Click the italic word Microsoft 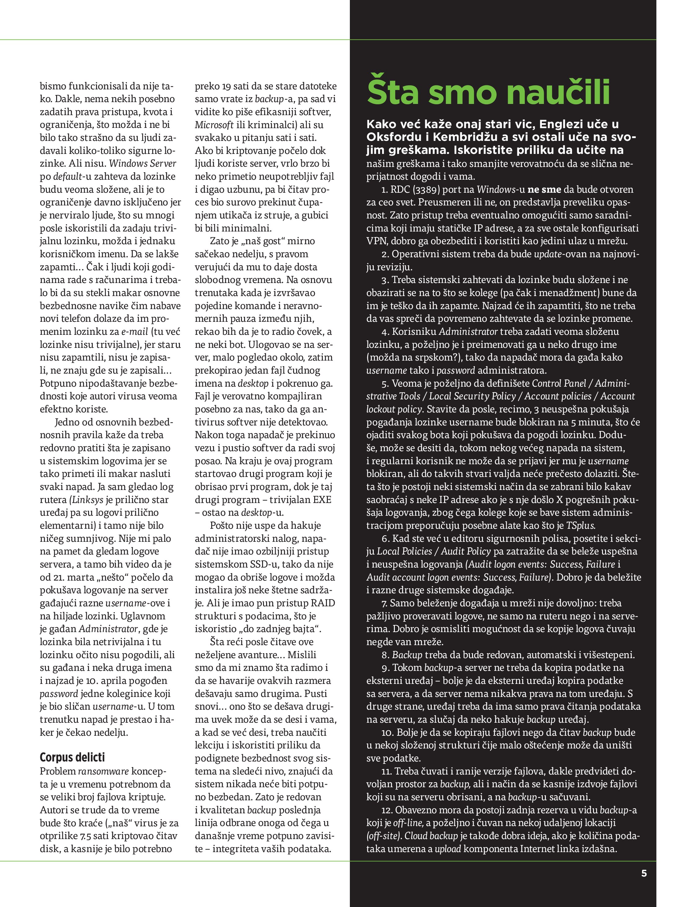[x=214, y=125]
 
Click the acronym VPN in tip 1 [x=376, y=241]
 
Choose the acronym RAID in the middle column [x=323, y=603]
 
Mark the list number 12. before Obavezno [x=387, y=810]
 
